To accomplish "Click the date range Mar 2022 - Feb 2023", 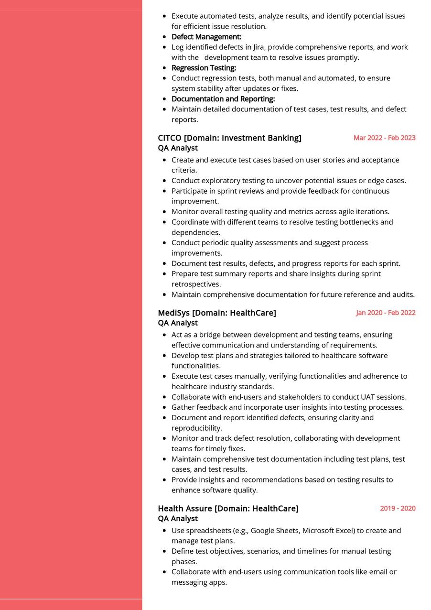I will pyautogui.click(x=384, y=138).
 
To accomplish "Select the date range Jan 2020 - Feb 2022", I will pyautogui.click(x=386, y=313).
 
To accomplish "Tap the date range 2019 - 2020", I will pyautogui.click(x=398, y=508).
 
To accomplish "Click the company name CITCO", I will pyautogui.click(x=170, y=138).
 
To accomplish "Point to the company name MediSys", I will pyautogui.click(x=173, y=313).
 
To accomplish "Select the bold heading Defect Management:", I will pyautogui.click(x=206, y=37).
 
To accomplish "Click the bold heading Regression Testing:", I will pyautogui.click(x=204, y=68).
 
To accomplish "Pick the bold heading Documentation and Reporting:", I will pyautogui.click(x=223, y=99).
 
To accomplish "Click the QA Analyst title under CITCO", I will pyautogui.click(x=178, y=148).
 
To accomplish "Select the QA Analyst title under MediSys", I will pyautogui.click(x=178, y=323).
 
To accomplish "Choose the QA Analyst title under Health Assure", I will pyautogui.click(x=178, y=519).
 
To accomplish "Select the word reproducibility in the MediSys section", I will pyautogui.click(x=196, y=428).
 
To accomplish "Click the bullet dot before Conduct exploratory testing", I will pyautogui.click(x=165, y=181).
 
